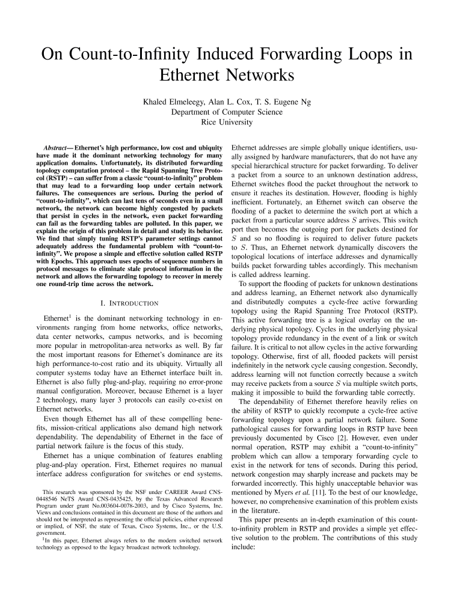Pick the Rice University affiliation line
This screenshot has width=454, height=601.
(227, 122)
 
